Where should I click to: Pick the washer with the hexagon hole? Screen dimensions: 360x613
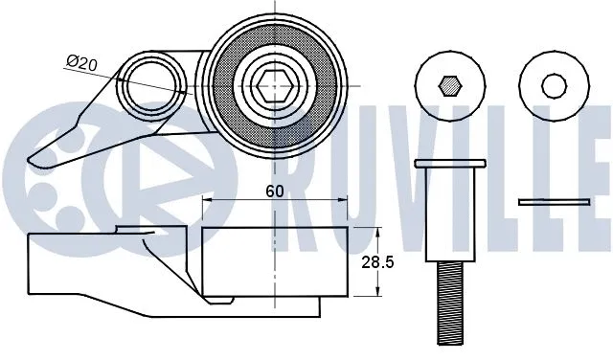448,85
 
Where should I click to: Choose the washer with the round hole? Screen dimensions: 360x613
554,85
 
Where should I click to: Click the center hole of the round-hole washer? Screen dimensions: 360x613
554,85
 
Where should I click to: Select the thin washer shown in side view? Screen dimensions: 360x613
554,201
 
